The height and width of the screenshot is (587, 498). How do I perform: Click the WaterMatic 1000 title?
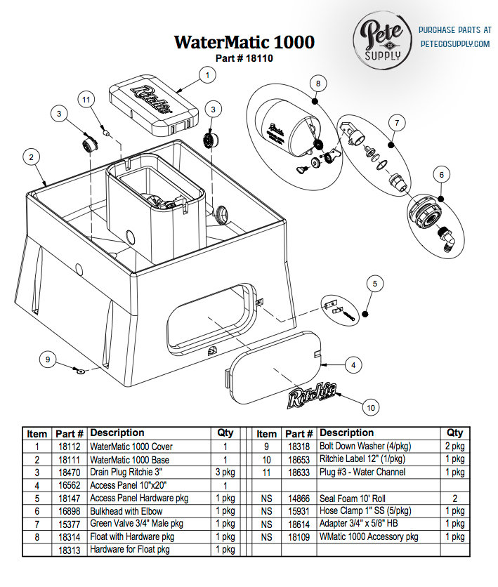pos(244,42)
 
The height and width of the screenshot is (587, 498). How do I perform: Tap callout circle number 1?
pos(207,73)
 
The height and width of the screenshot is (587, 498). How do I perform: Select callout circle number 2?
pos(30,157)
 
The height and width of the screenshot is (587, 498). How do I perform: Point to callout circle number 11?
pos(86,100)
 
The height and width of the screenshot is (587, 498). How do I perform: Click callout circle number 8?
pos(318,83)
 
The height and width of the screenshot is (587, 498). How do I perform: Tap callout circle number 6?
pos(441,173)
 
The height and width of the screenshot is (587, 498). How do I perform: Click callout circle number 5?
pos(374,284)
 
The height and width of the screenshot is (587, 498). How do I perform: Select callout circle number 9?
pos(48,360)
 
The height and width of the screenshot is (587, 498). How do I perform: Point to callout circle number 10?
pos(371,407)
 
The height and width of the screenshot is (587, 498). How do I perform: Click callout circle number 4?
pos(353,365)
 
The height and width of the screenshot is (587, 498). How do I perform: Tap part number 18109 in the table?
pos(299,536)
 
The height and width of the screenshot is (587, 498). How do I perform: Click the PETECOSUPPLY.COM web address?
pos(454,44)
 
